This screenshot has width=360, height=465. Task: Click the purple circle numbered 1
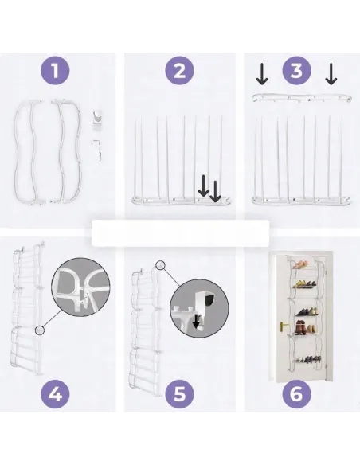(55, 71)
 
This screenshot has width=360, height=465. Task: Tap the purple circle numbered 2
(179, 71)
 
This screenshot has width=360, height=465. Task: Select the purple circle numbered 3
(296, 71)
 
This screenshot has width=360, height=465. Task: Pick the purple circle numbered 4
(55, 394)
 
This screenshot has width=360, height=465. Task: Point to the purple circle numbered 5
(179, 394)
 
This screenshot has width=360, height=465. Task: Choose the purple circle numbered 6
(296, 394)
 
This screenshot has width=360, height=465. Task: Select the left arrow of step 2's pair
(203, 186)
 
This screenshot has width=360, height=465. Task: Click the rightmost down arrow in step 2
(215, 191)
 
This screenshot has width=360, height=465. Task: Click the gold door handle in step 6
(284, 326)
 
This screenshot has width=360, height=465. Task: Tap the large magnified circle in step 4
(80, 287)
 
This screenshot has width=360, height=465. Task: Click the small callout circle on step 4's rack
(40, 330)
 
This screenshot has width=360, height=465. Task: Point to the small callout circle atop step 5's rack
(160, 265)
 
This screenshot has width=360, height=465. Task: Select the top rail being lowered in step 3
(302, 98)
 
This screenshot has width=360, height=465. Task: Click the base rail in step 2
(182, 201)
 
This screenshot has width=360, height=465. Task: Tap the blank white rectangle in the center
(180, 233)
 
